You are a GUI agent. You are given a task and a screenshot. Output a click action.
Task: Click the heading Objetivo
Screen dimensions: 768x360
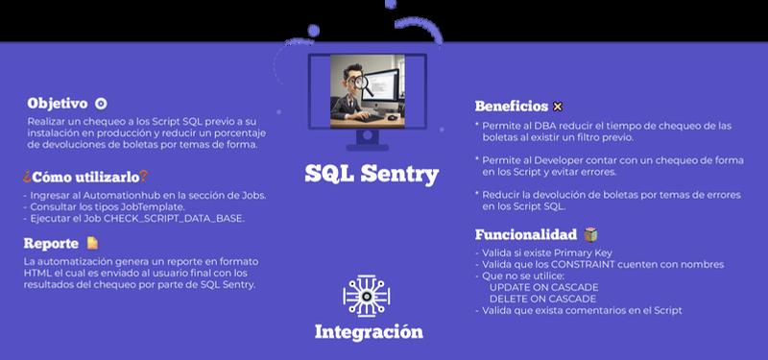[58, 104]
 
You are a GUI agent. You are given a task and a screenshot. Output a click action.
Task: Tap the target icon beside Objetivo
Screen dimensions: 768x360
[101, 104]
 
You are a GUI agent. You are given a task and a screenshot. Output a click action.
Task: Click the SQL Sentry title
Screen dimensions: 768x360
[372, 175]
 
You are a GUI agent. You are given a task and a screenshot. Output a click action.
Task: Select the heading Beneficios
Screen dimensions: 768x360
[512, 106]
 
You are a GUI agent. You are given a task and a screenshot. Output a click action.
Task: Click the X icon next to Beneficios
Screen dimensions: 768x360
[558, 107]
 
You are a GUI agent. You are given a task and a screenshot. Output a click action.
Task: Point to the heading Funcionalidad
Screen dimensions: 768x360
[526, 234]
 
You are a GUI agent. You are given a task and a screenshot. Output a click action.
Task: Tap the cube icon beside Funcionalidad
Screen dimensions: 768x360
[590, 234]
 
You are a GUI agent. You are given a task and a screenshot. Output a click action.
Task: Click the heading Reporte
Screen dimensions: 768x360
[51, 244]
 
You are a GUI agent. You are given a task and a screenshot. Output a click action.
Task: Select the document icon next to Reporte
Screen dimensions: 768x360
[92, 243]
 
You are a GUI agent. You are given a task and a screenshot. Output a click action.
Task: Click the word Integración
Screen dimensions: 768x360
[369, 331]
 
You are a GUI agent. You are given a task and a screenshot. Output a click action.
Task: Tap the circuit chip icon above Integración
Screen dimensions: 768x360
[367, 296]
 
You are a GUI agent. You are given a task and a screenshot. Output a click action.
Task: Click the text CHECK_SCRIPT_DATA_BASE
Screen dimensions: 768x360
[174, 219]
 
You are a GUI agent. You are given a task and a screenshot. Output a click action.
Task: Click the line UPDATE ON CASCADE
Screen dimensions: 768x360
[543, 287]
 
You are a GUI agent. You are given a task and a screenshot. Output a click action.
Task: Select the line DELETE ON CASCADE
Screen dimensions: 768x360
[542, 299]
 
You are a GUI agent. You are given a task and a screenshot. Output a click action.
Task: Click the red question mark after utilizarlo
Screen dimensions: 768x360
[143, 177]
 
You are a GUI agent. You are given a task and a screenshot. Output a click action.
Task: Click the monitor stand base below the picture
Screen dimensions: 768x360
[368, 147]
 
